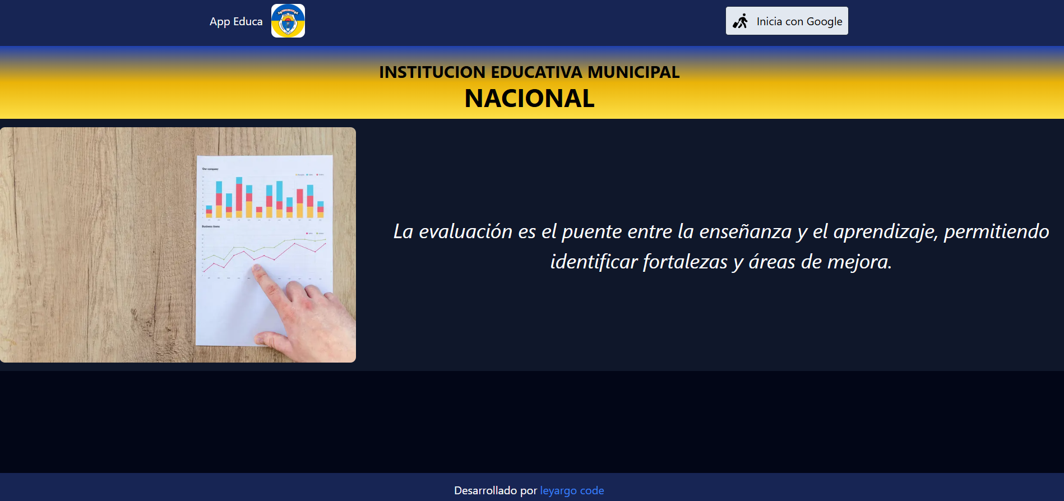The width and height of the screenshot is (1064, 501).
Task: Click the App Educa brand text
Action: pyautogui.click(x=236, y=21)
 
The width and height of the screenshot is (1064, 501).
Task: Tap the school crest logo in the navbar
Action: pyautogui.click(x=288, y=21)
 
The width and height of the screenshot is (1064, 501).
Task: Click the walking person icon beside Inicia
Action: pyautogui.click(x=741, y=21)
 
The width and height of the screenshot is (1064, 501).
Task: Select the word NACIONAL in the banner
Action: pyautogui.click(x=529, y=99)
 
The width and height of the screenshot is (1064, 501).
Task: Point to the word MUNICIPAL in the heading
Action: pyautogui.click(x=633, y=72)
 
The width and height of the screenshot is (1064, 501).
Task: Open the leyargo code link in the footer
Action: pyautogui.click(x=572, y=490)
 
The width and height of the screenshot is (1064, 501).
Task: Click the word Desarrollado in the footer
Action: pyautogui.click(x=485, y=490)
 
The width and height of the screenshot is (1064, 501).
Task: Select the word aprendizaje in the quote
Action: pyautogui.click(x=885, y=231)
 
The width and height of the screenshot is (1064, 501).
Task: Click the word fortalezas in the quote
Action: pyautogui.click(x=685, y=262)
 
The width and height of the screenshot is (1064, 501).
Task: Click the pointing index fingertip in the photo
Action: pyautogui.click(x=257, y=270)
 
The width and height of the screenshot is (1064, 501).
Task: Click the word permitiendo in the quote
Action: pyautogui.click(x=996, y=231)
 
